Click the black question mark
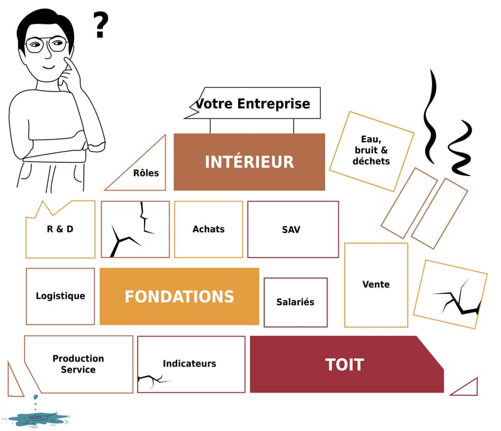(x=100, y=24)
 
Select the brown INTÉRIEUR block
(x=249, y=162)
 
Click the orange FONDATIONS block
(x=179, y=296)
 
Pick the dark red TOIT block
(x=344, y=365)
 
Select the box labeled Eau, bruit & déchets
(x=371, y=150)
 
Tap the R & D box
(x=60, y=229)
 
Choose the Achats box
(x=209, y=229)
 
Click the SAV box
(x=292, y=229)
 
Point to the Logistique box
(x=60, y=296)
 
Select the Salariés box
(x=295, y=302)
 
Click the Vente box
(x=376, y=284)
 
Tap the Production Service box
(x=78, y=364)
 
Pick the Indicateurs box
(x=190, y=363)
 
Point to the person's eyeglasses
(x=46, y=44)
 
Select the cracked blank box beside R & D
(x=135, y=229)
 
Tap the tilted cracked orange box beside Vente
(x=450, y=294)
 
